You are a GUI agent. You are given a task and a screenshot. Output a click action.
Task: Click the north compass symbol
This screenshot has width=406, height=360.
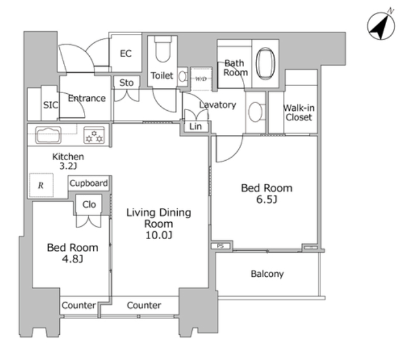pos(381,26)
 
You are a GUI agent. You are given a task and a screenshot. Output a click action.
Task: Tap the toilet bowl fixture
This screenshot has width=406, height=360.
pos(163,49)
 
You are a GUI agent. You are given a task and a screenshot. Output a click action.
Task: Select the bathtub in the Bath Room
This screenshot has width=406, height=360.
pos(265,63)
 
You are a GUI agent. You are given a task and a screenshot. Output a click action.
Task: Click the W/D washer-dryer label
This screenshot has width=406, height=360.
pos(201,79)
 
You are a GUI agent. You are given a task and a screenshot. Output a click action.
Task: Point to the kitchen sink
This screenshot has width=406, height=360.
pos(48,135)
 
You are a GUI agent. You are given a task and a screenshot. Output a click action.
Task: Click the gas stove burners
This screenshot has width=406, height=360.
pos(94,135)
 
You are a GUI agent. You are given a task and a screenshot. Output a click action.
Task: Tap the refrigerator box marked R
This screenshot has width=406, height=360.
pos(41,185)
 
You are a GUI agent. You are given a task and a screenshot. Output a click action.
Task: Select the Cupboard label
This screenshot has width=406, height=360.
pos(89,184)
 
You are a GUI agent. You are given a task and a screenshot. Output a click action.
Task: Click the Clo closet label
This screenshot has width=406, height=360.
pos(89,205)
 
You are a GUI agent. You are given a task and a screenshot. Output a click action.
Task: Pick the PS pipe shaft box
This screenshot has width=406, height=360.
pos(221,246)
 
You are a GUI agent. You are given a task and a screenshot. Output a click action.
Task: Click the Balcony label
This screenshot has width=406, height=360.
pos(267,274)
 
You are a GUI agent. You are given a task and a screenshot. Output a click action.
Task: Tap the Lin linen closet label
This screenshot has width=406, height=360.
pos(195,127)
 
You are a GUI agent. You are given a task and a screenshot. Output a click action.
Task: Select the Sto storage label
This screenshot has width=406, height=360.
pos(126,83)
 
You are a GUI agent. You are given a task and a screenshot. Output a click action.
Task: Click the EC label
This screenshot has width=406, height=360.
pos(126,53)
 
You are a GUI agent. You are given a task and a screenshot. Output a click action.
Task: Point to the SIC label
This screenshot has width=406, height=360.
pos(50,105)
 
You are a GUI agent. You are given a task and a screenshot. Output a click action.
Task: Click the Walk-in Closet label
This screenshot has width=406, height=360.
pos(299,113)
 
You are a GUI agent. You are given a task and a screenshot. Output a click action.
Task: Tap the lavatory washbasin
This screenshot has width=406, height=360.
pos(255,113)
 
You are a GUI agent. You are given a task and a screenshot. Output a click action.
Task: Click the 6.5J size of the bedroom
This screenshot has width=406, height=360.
pos(267,199)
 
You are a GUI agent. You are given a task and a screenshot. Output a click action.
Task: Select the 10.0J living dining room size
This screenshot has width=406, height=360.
pos(159,235)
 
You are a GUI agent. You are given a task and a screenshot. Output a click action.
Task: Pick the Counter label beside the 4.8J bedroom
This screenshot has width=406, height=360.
pos(79,305)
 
